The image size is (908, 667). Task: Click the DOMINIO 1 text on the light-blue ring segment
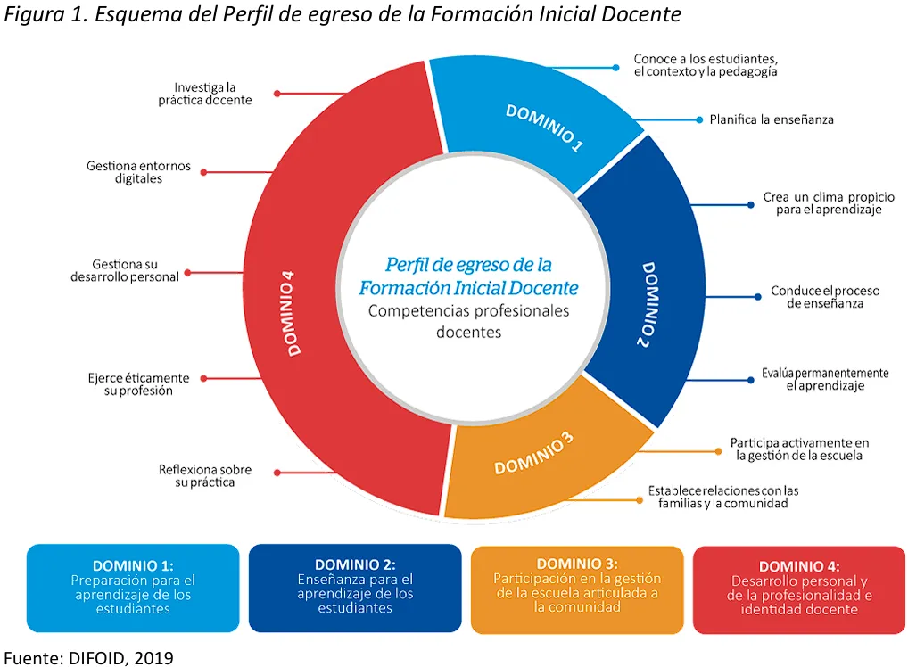(x=544, y=128)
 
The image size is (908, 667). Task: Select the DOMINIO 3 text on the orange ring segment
(x=534, y=453)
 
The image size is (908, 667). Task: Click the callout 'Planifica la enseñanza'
(x=772, y=119)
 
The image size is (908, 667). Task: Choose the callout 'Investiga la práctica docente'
(x=205, y=94)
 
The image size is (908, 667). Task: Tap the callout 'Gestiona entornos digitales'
(x=138, y=172)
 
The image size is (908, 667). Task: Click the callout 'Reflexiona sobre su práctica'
(x=205, y=476)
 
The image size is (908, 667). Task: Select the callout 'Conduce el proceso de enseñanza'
(x=825, y=297)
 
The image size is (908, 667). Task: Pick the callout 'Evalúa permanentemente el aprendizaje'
(x=825, y=379)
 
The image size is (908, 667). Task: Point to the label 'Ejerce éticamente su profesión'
(x=138, y=383)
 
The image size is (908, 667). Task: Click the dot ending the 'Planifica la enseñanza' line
(x=699, y=119)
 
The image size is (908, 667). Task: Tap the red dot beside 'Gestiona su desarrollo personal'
(x=187, y=272)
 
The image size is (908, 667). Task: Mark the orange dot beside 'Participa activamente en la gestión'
(x=718, y=451)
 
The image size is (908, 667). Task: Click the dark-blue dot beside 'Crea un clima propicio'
(x=750, y=204)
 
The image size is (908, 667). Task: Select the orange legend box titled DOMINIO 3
(x=577, y=589)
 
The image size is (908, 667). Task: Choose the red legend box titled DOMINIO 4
(x=799, y=590)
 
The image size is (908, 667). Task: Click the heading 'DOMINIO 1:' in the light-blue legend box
(x=133, y=565)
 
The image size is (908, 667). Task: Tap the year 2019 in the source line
(x=153, y=658)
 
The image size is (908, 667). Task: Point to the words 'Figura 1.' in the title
(x=46, y=14)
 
